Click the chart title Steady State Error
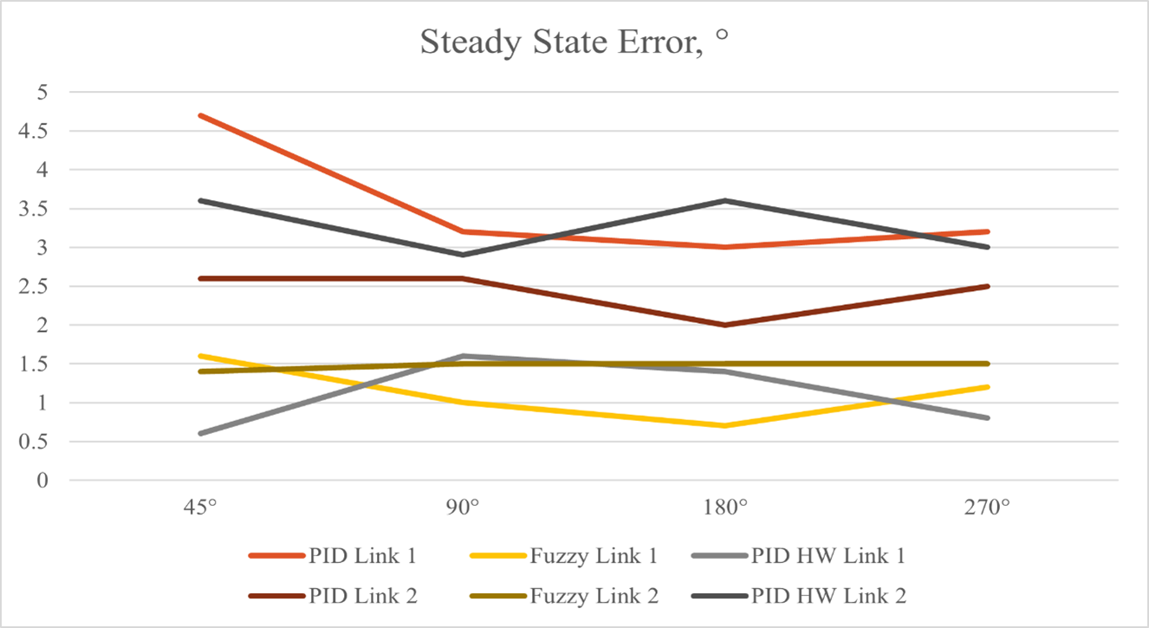pyautogui.click(x=573, y=42)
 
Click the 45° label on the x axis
pyautogui.click(x=201, y=506)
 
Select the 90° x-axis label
pyautogui.click(x=464, y=506)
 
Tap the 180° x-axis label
pyautogui.click(x=725, y=506)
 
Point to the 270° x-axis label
pyautogui.click(x=988, y=506)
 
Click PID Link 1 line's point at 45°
pyautogui.click(x=201, y=115)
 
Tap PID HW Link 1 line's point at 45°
pyautogui.click(x=201, y=433)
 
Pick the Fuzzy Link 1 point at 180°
pyautogui.click(x=725, y=425)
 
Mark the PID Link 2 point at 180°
pyautogui.click(x=725, y=325)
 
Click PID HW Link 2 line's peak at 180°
pyautogui.click(x=725, y=201)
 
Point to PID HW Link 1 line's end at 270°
pyautogui.click(x=988, y=418)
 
